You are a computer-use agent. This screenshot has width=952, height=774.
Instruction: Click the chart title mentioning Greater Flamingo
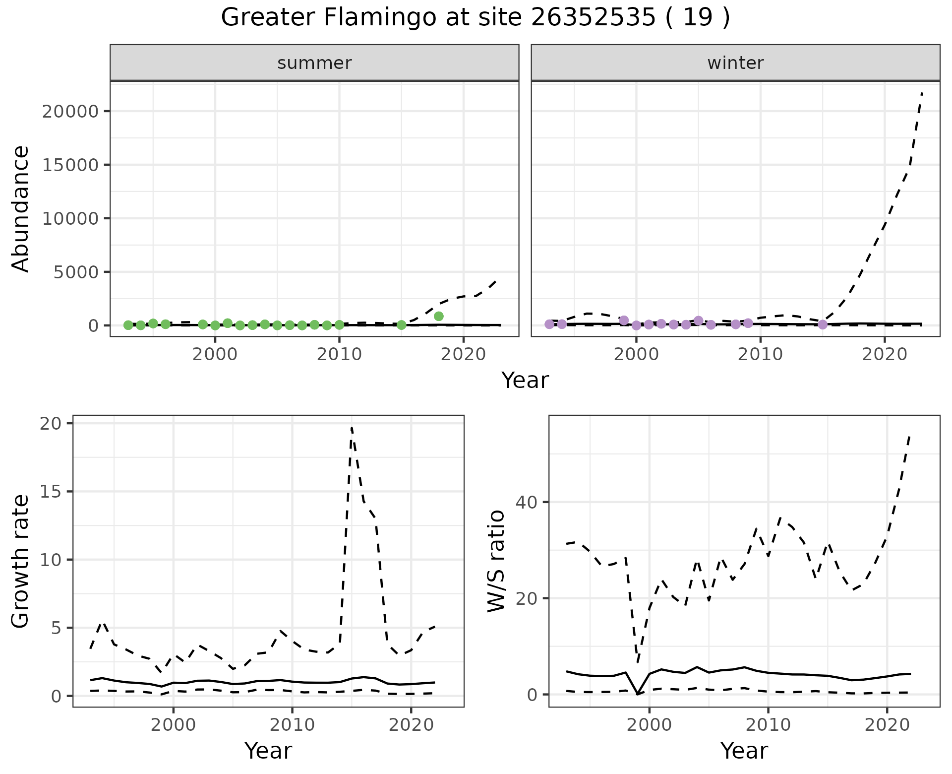pos(475,18)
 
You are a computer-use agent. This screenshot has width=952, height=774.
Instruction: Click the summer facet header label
pos(314,63)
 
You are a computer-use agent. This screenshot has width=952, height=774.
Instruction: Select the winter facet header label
pos(735,63)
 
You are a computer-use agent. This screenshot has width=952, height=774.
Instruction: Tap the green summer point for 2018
pos(438,316)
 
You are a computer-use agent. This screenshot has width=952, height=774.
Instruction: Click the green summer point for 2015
pos(402,325)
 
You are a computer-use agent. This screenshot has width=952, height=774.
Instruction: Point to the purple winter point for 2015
pos(823,324)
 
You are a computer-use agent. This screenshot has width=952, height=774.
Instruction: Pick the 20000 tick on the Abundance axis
pos(70,111)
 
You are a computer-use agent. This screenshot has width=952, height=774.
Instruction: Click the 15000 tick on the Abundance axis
pos(70,165)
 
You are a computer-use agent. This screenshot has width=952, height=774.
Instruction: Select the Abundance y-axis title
pos(21,208)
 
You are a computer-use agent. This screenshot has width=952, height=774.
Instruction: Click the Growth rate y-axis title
pos(21,561)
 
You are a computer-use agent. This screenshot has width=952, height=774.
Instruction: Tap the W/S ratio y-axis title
pos(496,561)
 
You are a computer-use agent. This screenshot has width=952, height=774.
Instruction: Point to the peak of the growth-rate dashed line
pos(352,427)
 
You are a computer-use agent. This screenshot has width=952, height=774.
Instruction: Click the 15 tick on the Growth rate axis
pos(55,492)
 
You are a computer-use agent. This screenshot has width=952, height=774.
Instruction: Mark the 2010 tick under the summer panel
pos(339,354)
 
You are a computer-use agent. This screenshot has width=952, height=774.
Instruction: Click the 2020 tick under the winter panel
pos(885,354)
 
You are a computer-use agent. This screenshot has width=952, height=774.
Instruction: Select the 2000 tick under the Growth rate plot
pos(173,725)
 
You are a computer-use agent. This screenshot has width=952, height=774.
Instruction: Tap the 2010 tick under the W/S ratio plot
pos(768,725)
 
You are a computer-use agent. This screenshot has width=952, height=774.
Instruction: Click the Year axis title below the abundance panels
pos(525,381)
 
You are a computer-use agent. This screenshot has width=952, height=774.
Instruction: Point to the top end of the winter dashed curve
pos(921,93)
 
